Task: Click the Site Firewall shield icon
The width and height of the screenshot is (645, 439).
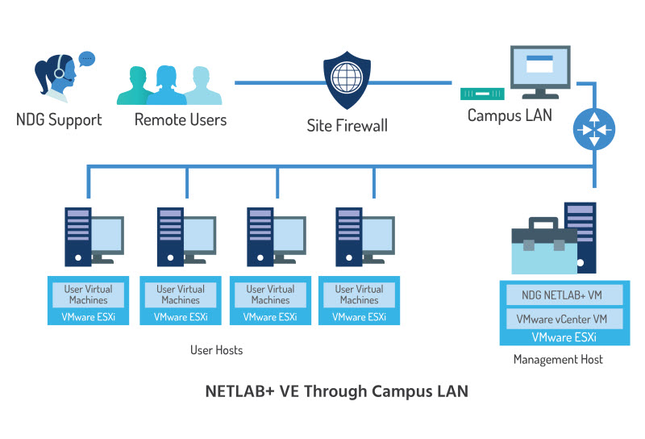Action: tap(347, 83)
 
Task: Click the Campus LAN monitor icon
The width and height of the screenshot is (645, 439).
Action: tap(540, 71)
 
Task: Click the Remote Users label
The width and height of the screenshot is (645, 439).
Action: tap(181, 120)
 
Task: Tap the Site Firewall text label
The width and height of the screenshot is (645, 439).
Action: tap(347, 125)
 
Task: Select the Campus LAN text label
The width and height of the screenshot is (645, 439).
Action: tap(510, 115)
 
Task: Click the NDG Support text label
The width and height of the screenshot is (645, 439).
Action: tap(59, 120)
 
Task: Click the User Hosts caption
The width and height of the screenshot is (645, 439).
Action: tap(216, 350)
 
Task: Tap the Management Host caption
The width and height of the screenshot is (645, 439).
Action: tap(558, 359)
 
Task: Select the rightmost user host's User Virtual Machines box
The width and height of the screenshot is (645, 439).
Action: tap(359, 295)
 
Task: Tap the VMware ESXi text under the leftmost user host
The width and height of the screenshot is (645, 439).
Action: tap(89, 317)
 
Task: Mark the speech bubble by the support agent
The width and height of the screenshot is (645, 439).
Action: tap(86, 58)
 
